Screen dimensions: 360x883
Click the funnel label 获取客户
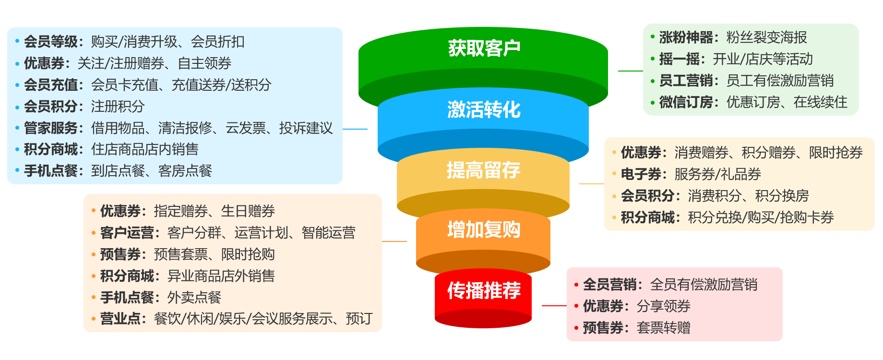(x=484, y=48)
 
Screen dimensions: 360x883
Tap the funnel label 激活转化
(x=484, y=109)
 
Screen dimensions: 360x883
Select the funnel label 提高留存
(x=484, y=170)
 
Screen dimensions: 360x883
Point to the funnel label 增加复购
(x=484, y=230)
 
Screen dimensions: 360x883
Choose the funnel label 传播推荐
(x=484, y=290)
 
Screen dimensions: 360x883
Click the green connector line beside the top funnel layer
(x=630, y=71)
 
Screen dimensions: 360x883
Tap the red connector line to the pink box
(x=554, y=305)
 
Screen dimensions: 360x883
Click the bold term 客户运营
(x=127, y=233)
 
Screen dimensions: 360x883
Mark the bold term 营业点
(x=120, y=319)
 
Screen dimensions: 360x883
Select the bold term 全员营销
(x=609, y=285)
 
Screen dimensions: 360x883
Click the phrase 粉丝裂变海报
(x=766, y=37)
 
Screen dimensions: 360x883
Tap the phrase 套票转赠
(x=663, y=328)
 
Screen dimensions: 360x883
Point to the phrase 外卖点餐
(x=194, y=298)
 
